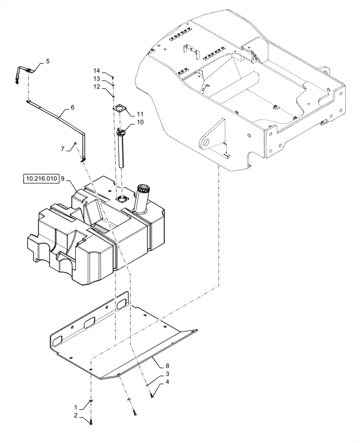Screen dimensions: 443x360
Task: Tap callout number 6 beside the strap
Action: click(x=72, y=108)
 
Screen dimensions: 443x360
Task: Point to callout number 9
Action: click(x=63, y=179)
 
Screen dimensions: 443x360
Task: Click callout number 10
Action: click(x=140, y=122)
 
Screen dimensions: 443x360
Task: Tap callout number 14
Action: click(x=97, y=70)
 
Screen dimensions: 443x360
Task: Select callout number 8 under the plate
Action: click(x=167, y=366)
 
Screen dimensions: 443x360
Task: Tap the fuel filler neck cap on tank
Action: click(x=145, y=188)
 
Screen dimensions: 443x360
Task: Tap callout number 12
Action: click(x=97, y=87)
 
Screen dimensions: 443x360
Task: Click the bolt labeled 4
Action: click(x=152, y=394)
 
